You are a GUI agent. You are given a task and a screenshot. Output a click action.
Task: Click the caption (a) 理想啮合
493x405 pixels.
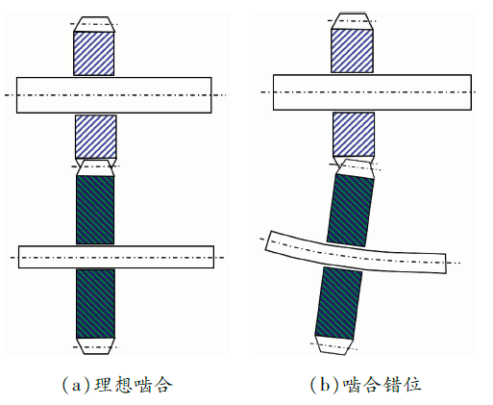(116, 384)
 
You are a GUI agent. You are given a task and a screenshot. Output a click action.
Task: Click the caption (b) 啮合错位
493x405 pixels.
(365, 384)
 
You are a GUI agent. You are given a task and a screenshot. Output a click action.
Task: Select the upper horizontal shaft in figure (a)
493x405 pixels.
(114, 95)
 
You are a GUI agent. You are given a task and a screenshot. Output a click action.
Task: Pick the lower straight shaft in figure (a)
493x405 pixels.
(116, 257)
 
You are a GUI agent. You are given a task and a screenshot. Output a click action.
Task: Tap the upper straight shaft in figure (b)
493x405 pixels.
(372, 92)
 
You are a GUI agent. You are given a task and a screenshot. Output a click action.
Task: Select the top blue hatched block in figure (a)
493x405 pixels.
(94, 54)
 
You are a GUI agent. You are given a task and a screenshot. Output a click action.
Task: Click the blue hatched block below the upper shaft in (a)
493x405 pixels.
(96, 137)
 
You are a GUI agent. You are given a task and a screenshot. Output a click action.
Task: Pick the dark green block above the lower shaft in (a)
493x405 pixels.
(95, 210)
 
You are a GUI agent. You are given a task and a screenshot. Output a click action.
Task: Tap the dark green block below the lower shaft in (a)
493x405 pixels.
(95, 304)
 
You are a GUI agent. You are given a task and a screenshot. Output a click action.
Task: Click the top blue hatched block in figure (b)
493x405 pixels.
(352, 51)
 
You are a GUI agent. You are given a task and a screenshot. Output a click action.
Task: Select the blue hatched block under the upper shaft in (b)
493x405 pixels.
(354, 135)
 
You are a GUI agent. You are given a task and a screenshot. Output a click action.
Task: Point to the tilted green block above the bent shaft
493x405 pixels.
(351, 211)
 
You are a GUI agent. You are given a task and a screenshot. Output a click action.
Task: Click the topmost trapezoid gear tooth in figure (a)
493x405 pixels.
(94, 24)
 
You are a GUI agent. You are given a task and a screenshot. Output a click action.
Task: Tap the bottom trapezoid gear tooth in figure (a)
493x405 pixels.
(95, 346)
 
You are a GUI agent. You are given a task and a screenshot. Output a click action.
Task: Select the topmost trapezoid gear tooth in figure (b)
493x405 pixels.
(352, 21)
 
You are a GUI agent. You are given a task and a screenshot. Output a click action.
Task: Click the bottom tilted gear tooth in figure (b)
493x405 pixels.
(333, 345)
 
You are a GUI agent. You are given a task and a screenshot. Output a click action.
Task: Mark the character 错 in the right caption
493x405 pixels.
(393, 385)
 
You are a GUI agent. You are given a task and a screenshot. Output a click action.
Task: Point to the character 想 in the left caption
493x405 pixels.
(123, 385)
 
